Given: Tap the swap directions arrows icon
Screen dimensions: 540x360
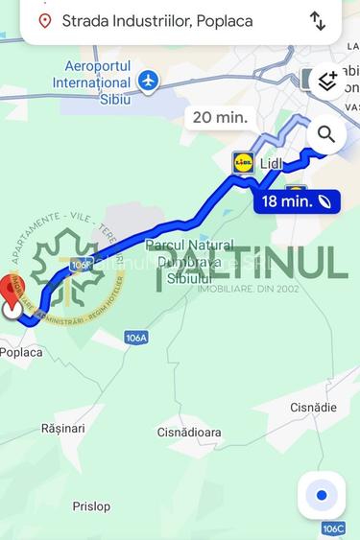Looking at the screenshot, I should pyautogui.click(x=318, y=20).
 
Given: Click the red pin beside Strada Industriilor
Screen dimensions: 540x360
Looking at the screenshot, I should pyautogui.click(x=44, y=20).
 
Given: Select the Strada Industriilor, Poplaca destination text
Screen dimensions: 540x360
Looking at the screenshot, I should pyautogui.click(x=156, y=20).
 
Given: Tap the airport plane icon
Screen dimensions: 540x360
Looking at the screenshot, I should pyautogui.click(x=148, y=81).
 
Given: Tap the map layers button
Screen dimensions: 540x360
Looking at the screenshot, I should pyautogui.click(x=326, y=81).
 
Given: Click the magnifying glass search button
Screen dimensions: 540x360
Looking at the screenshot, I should pyautogui.click(x=326, y=134).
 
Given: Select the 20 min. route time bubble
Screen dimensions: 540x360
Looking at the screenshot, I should pyautogui.click(x=220, y=117).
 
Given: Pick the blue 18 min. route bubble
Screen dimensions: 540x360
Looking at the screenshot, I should pyautogui.click(x=297, y=200).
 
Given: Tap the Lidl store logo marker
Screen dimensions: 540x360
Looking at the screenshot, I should pyautogui.click(x=243, y=162).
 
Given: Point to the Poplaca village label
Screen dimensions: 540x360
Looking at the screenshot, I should pyautogui.click(x=21, y=352).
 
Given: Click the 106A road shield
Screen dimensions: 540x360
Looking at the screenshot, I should pyautogui.click(x=136, y=338).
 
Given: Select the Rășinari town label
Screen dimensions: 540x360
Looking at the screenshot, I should pyautogui.click(x=63, y=428).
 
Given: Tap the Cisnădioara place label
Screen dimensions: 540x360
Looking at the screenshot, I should pyautogui.click(x=189, y=432).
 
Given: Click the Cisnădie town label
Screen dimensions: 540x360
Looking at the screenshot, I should pyautogui.click(x=313, y=407).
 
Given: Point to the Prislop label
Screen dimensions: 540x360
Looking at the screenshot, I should pyautogui.click(x=91, y=505).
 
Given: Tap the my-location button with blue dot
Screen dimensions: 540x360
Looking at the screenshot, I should pyautogui.click(x=322, y=495).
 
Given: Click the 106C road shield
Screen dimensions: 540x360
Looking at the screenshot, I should pyautogui.click(x=333, y=528).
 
